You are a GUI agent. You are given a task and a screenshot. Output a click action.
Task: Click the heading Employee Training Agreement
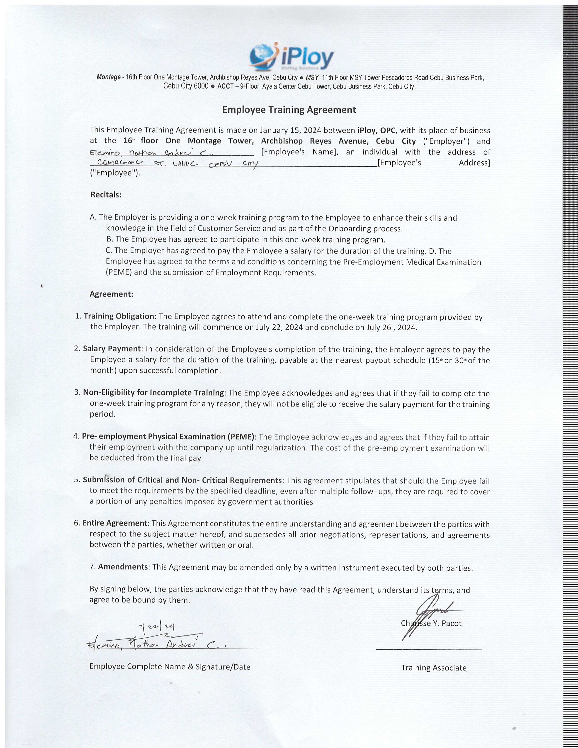tap(289, 110)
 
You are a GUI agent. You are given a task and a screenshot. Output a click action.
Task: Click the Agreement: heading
tap(111, 294)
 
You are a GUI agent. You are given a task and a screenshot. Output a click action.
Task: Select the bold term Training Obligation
tap(119, 316)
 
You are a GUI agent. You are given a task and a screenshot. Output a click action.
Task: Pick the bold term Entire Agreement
tap(115, 523)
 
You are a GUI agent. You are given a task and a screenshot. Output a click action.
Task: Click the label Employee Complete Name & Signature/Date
tap(170, 666)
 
